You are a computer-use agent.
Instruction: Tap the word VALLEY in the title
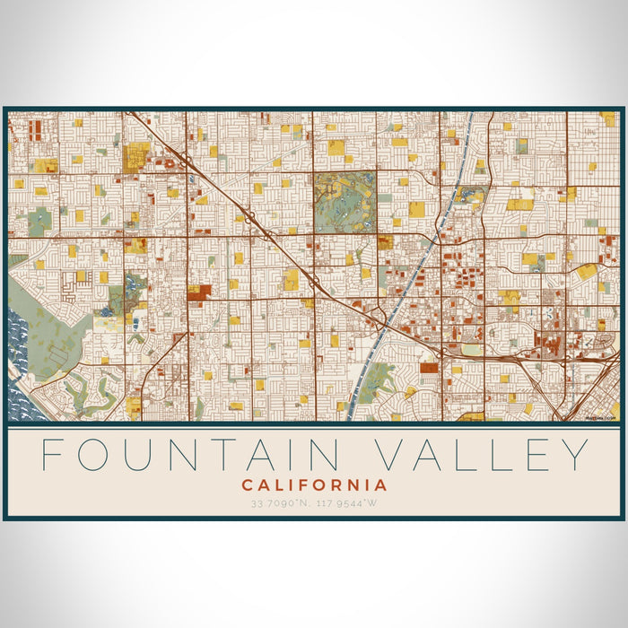(482, 456)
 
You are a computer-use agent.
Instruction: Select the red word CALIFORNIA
(314, 485)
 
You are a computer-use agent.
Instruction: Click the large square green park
(345, 202)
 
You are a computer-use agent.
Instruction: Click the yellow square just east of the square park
(416, 209)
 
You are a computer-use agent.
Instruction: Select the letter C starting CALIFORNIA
(248, 485)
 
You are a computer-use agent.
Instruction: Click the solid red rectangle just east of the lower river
(429, 367)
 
